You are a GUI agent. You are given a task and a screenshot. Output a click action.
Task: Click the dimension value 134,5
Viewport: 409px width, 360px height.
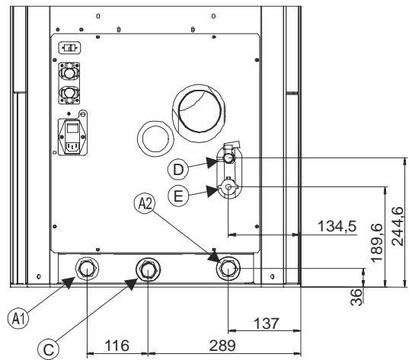335,226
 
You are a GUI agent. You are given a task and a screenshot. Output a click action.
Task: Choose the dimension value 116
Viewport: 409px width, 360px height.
116,345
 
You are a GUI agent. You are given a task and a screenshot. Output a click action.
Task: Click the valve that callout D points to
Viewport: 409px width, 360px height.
229,158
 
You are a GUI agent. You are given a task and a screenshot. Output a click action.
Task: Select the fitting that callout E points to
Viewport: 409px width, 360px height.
229,188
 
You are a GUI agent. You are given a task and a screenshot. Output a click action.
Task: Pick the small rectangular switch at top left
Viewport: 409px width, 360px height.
69,47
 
